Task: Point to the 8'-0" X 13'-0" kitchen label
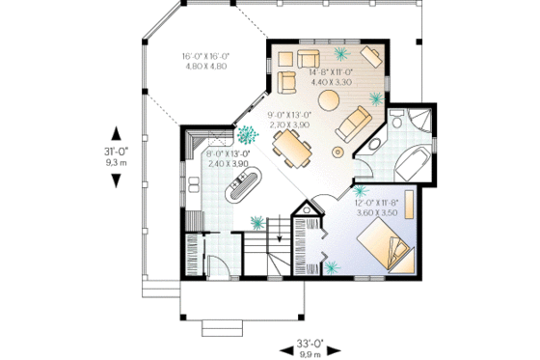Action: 228,158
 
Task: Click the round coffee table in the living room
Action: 329,98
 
